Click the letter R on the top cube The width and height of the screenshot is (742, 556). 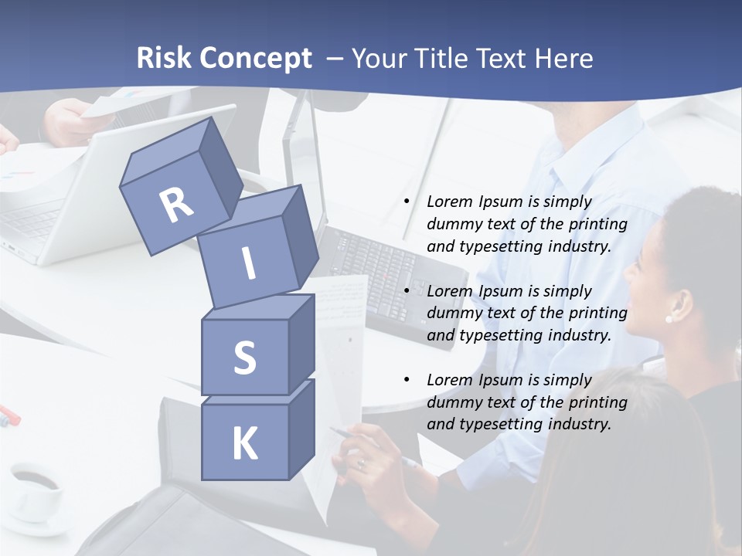[x=177, y=205]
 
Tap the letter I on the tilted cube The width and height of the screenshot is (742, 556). [x=248, y=263]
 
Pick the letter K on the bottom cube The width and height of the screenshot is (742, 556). [x=244, y=443]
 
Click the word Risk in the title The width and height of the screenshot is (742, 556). [x=163, y=58]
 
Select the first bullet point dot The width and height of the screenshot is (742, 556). [x=407, y=202]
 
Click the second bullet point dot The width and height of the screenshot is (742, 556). [x=407, y=291]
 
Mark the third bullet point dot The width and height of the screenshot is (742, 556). [x=407, y=380]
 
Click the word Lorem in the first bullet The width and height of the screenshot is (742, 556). [x=450, y=202]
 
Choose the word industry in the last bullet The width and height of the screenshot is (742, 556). [x=576, y=424]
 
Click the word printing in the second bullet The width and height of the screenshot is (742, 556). [x=596, y=313]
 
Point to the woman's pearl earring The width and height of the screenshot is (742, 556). [x=669, y=318]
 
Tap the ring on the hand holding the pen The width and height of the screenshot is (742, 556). [x=361, y=463]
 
